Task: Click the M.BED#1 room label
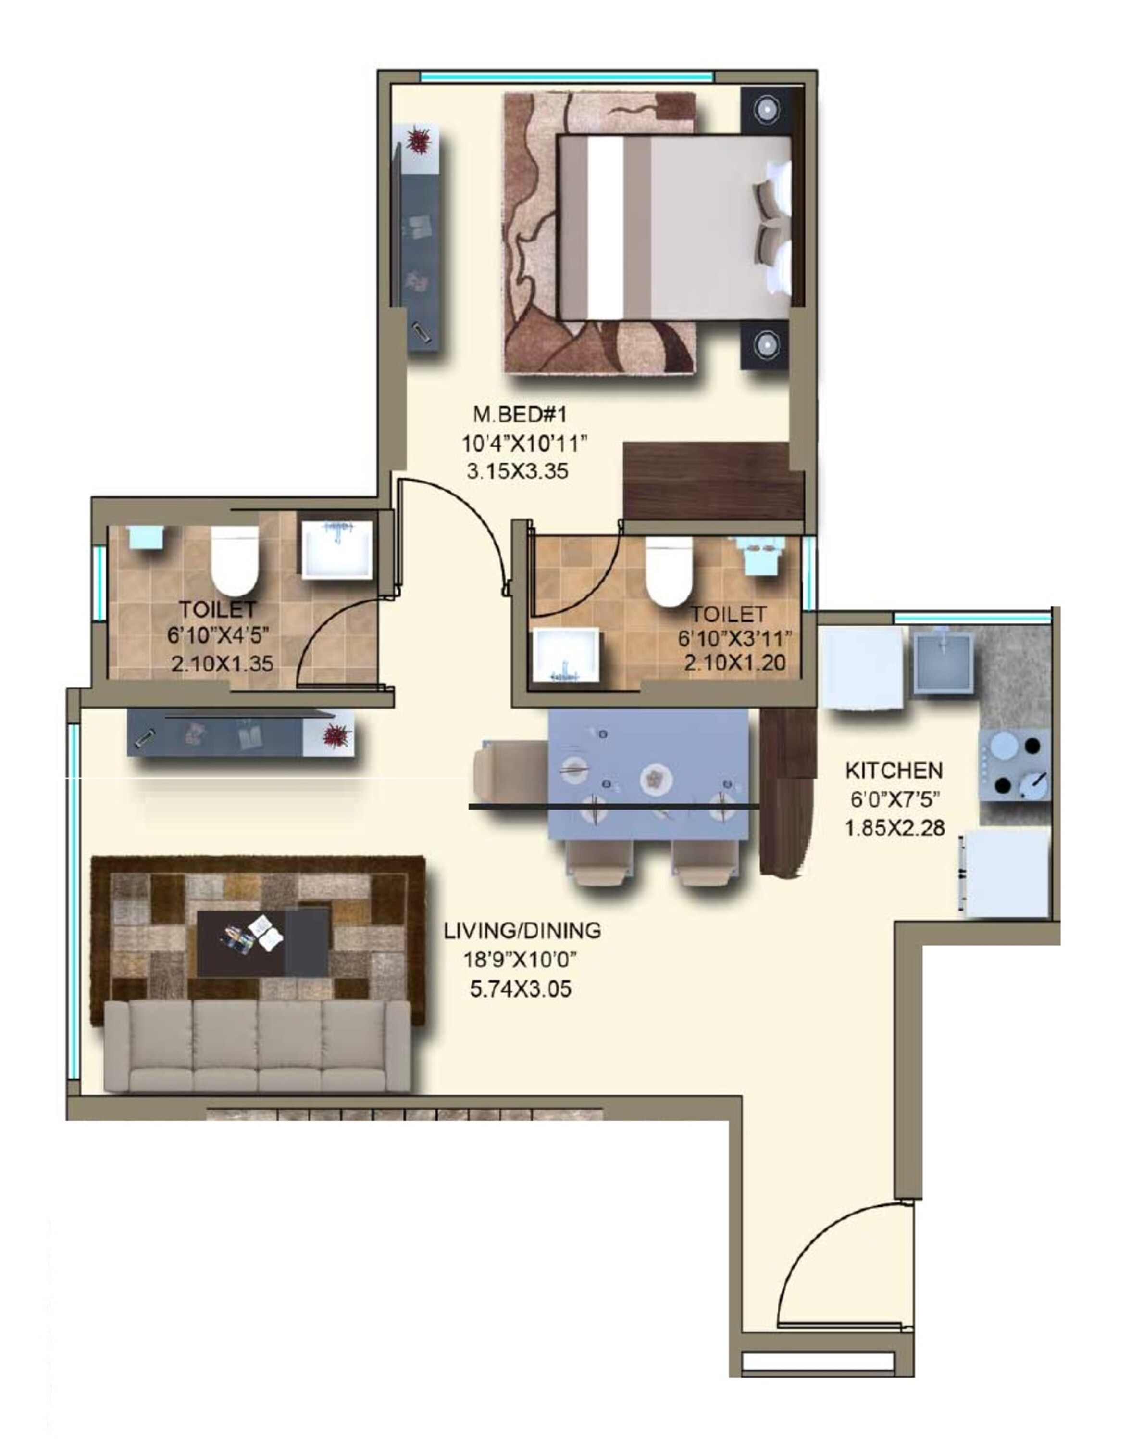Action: click(x=520, y=416)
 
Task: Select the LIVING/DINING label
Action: click(x=522, y=930)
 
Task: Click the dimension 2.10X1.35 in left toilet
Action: click(x=222, y=663)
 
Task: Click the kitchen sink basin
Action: click(x=943, y=662)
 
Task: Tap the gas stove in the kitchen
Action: click(x=1015, y=765)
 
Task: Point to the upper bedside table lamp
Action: click(x=766, y=109)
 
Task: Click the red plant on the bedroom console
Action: click(x=419, y=140)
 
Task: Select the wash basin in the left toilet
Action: click(x=336, y=549)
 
